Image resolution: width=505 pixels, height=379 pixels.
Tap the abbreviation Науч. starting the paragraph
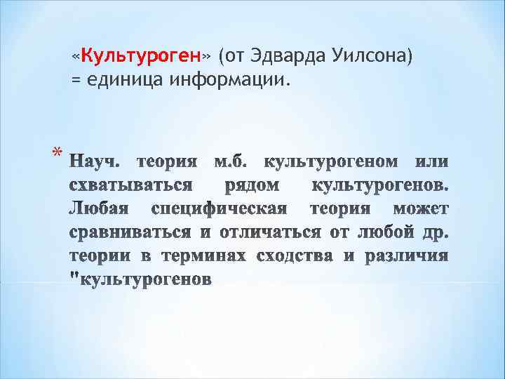(x=97, y=162)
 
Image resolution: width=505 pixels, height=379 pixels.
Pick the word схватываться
(x=130, y=186)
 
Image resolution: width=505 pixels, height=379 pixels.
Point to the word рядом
(x=252, y=186)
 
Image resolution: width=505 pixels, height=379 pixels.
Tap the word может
(x=420, y=209)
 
